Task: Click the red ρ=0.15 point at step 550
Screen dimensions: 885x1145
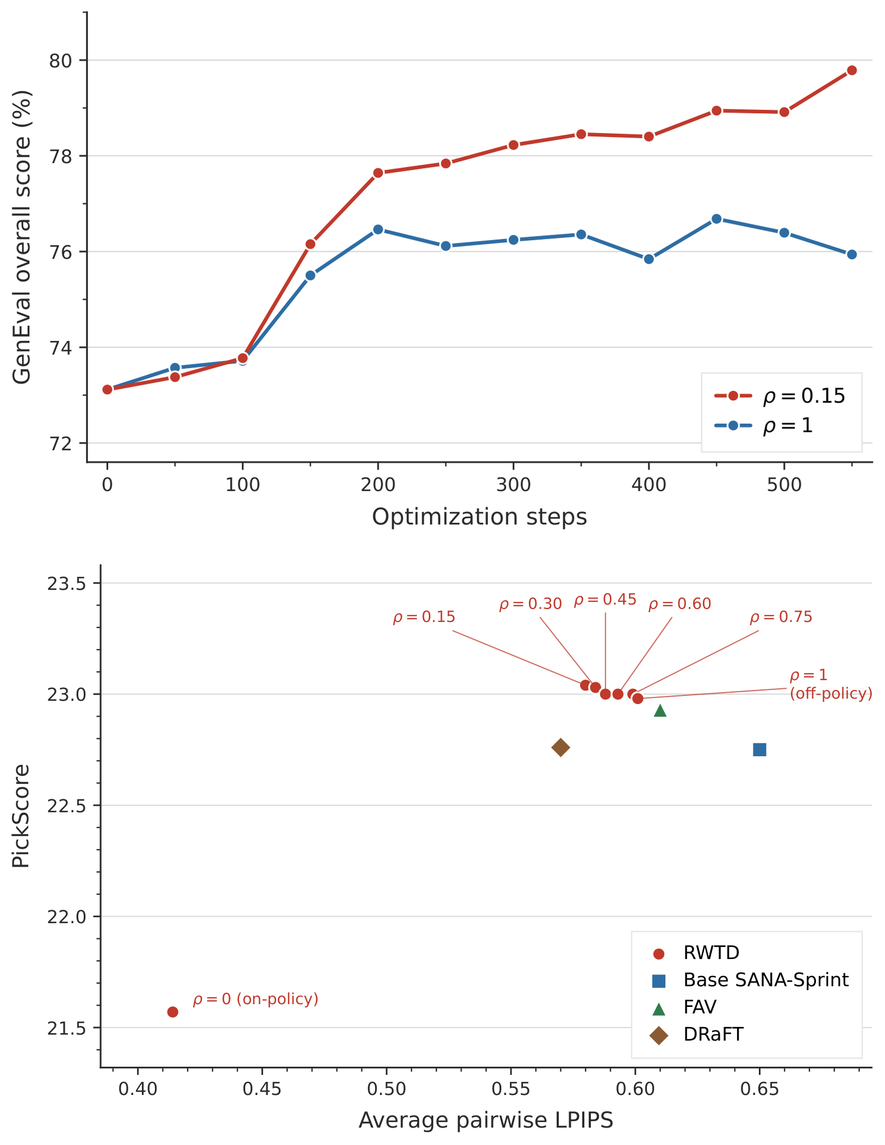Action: pos(851,70)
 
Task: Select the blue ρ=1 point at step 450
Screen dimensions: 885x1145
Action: pos(716,219)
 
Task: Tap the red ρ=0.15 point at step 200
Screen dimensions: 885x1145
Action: pos(378,173)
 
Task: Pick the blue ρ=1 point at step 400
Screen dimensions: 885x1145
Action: pos(649,259)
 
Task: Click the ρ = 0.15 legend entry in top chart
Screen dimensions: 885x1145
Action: pos(780,396)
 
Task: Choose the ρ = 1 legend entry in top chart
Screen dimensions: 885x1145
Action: pos(763,426)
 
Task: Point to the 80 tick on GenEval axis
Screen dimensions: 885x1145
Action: pos(60,60)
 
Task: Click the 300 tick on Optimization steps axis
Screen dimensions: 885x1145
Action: pos(513,484)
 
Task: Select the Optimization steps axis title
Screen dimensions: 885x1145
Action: pos(479,517)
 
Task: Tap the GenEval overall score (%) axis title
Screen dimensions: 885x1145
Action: pos(22,237)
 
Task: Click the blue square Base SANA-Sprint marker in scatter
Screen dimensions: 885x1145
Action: pos(759,750)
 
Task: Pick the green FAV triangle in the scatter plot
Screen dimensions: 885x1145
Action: pos(660,710)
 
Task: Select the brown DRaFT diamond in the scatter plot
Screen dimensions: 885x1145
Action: pos(560,748)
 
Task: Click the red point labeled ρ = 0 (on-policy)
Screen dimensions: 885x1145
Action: pos(173,1012)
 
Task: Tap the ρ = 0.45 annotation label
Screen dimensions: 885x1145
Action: pos(605,600)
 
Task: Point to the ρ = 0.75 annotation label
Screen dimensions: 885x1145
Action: pos(781,617)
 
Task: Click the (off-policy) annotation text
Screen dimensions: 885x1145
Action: pos(831,694)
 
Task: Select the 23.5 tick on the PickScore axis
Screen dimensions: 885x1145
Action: pos(67,583)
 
